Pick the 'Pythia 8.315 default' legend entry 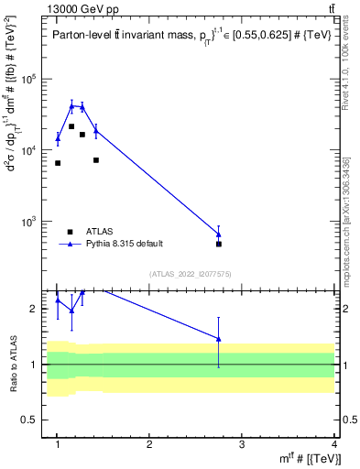pyautogui.click(x=125, y=244)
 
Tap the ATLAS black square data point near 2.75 pyautogui.click(x=219, y=244)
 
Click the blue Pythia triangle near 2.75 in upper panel pyautogui.click(x=219, y=234)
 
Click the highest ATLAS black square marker pyautogui.click(x=71, y=126)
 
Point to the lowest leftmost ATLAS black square pyautogui.click(x=58, y=163)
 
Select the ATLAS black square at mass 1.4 pyautogui.click(x=96, y=160)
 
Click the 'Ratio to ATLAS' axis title pyautogui.click(x=12, y=363)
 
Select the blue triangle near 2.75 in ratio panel pyautogui.click(x=219, y=339)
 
